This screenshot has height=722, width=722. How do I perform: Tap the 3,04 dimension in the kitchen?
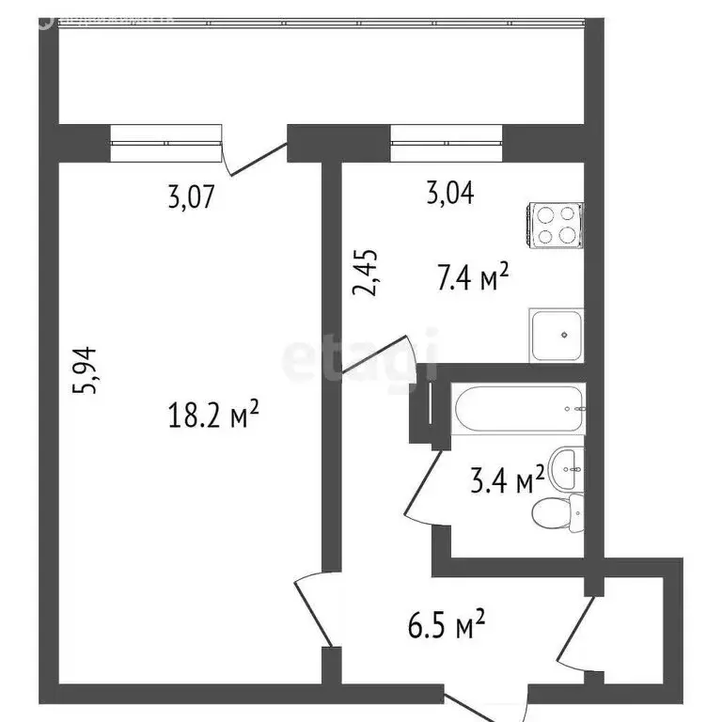coord(450,194)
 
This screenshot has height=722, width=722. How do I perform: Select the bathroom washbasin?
coord(566,467)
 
